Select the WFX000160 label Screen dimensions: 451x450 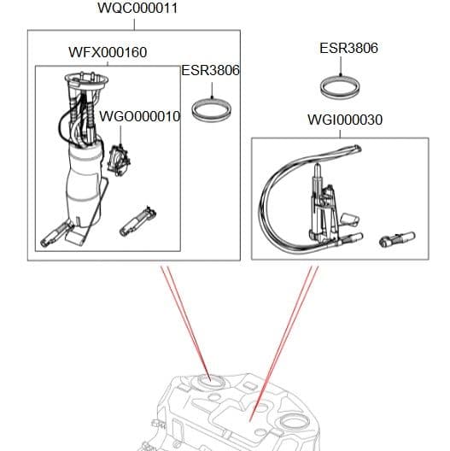(107, 53)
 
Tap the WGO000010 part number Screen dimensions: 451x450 (139, 116)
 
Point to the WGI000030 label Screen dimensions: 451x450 (344, 120)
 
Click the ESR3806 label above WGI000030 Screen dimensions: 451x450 (348, 49)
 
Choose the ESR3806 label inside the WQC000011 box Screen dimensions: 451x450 (210, 71)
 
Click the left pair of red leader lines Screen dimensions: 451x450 (182, 320)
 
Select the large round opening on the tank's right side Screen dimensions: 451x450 (293, 423)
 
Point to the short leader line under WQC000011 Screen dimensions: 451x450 (139, 24)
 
